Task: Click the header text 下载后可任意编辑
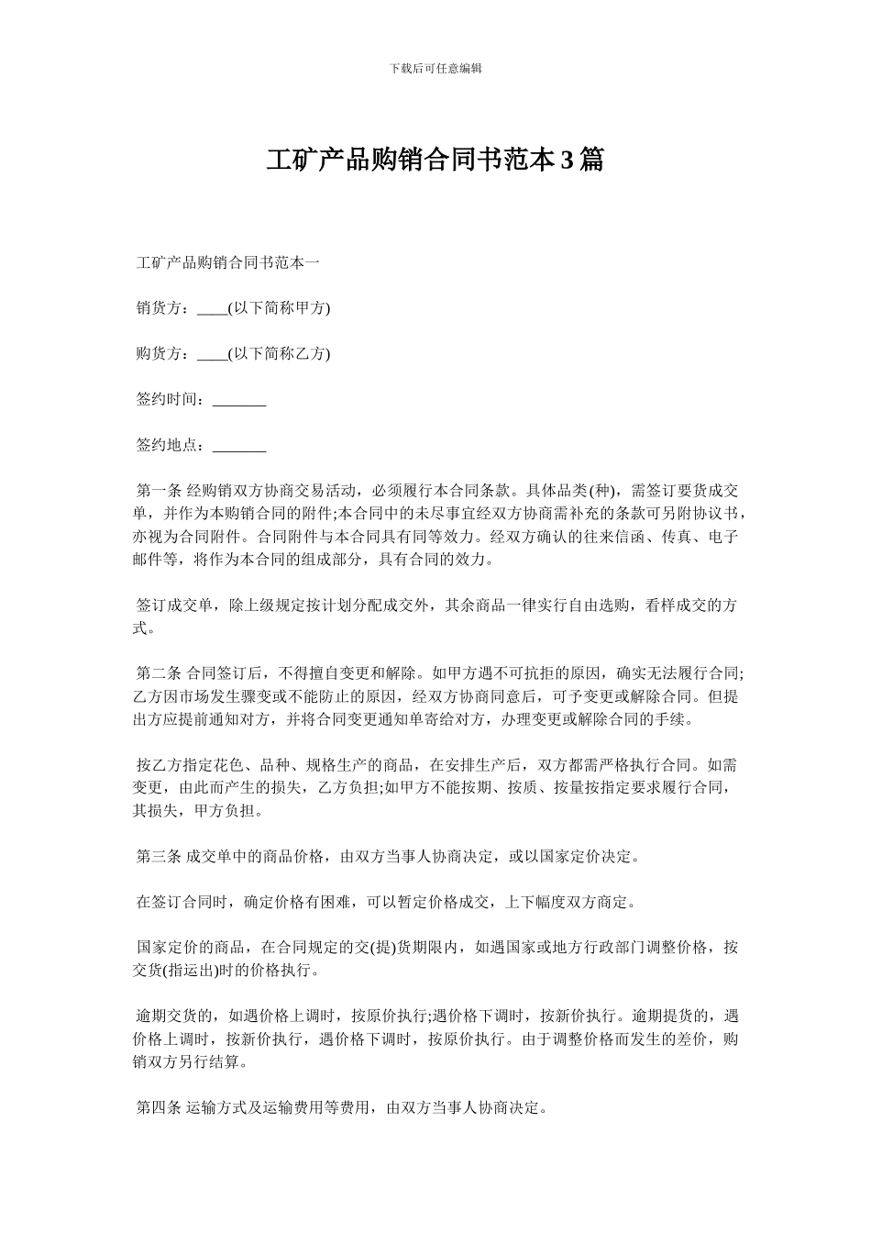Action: [x=435, y=69]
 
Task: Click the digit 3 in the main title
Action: [x=567, y=161]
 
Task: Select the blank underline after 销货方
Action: [x=212, y=310]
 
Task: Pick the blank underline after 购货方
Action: [x=212, y=355]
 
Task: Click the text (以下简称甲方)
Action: [x=279, y=308]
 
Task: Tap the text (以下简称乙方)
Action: [x=279, y=353]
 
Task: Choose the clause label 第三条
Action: [x=159, y=856]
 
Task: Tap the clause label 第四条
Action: [x=159, y=1107]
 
